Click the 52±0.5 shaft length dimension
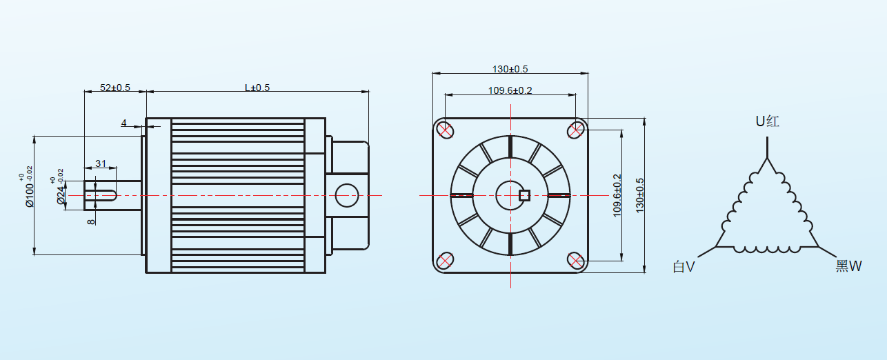[114, 88]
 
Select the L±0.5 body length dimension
[257, 88]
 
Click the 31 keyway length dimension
[101, 163]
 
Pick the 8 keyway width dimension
[91, 222]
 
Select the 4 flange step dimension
[123, 123]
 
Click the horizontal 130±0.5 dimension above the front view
[510, 69]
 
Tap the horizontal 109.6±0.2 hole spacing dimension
[510, 90]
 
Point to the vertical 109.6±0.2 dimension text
[617, 195]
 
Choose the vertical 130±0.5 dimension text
[639, 195]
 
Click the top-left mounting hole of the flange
[445, 130]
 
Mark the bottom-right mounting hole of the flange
[576, 261]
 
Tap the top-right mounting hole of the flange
[576, 130]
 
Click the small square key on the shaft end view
[524, 196]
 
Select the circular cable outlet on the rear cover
[347, 195]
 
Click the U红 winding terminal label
[767, 121]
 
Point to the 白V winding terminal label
[684, 266]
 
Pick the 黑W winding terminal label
[848, 266]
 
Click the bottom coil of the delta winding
[767, 249]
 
